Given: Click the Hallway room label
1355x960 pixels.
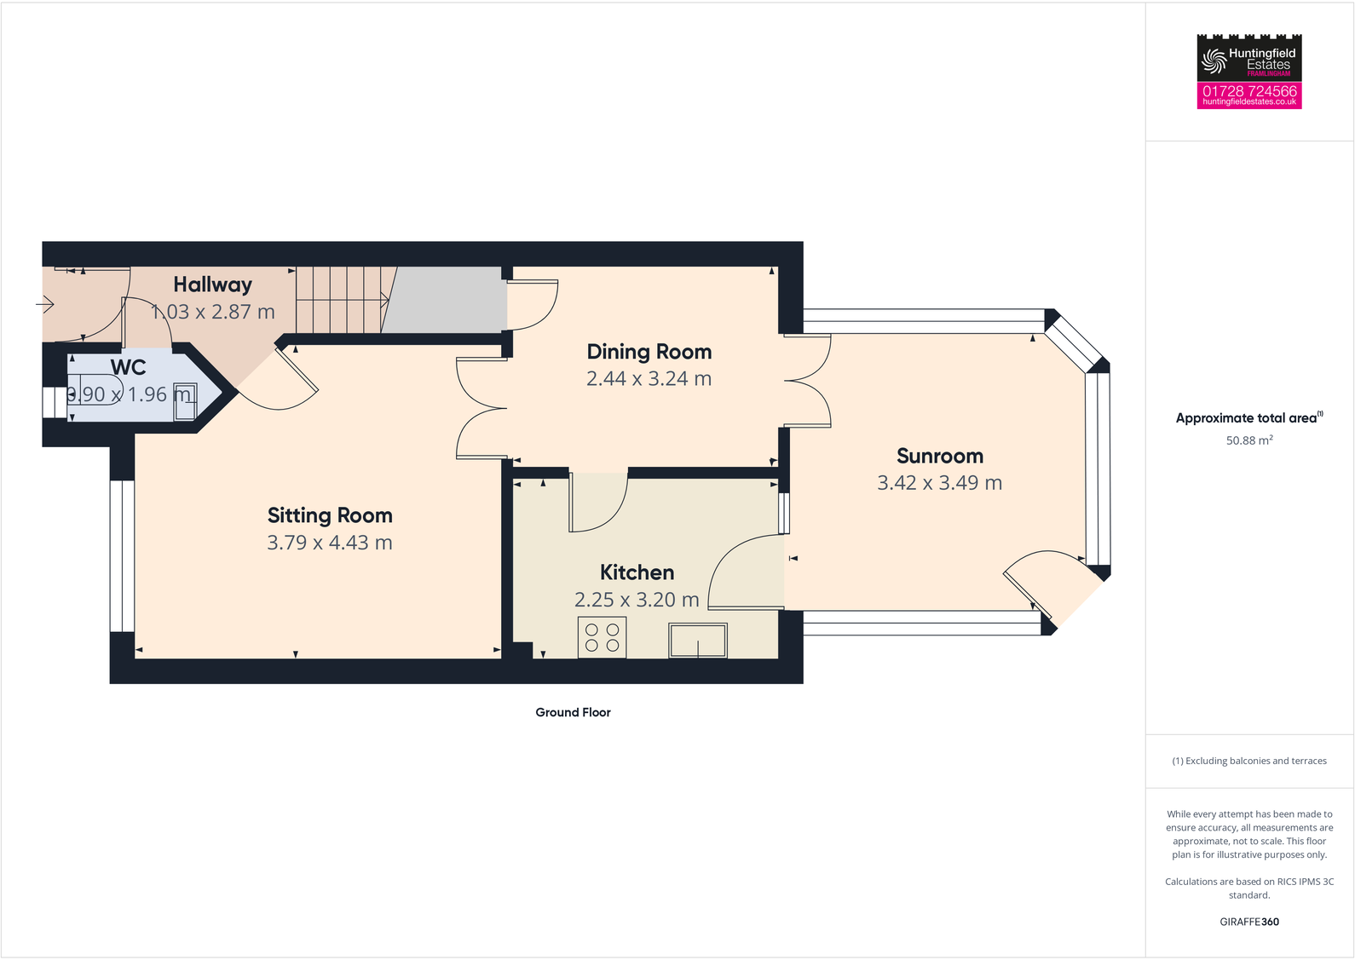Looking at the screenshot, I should coord(213,285).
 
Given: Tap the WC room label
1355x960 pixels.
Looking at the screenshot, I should coord(128,367).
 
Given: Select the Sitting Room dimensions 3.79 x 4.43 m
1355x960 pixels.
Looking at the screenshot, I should coord(330,543).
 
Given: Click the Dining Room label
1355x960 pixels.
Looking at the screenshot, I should coord(649,352).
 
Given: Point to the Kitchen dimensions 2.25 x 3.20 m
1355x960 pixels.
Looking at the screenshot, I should coord(637,600).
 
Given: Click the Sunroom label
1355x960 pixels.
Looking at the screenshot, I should coord(939,456).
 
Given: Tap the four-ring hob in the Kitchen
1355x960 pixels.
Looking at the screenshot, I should coord(602,637).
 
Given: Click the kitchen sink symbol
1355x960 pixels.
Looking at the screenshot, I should coord(698,641).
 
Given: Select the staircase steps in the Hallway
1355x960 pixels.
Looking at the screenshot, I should coord(341,300).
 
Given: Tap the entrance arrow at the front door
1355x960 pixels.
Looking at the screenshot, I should coord(45,303).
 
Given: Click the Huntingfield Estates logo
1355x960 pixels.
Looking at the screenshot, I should coord(1248,58).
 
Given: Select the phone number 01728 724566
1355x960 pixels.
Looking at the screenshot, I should coord(1249,90).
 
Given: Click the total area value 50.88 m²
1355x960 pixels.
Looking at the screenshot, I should coord(1248,440).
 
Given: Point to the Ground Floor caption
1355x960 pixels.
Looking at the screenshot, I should coord(573,712).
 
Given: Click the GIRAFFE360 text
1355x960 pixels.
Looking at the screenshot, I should coord(1248,922).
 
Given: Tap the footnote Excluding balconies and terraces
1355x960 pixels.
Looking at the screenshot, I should coord(1248,761).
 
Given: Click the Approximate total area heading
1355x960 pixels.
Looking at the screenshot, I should coord(1246,417).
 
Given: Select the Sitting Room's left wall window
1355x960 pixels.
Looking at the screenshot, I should coord(122,556).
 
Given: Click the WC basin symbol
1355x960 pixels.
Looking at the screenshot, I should coord(185,401).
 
